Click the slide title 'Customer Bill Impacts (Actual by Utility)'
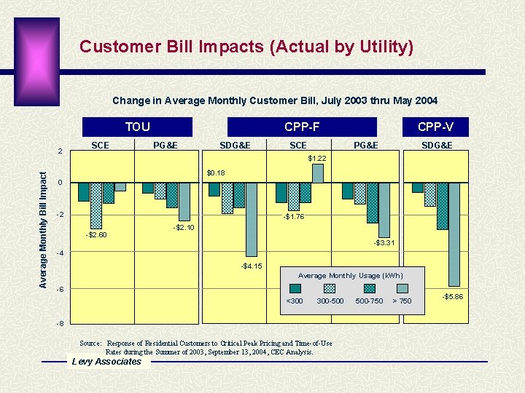tap(246, 47)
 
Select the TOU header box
tap(137, 127)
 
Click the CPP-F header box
tap(302, 127)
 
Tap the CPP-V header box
tap(435, 127)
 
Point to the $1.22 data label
tap(317, 158)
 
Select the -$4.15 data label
tap(252, 266)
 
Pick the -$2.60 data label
tap(96, 234)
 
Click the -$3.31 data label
tap(384, 242)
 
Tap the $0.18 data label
tap(216, 173)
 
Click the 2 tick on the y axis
tap(61, 151)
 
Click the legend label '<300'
tap(295, 301)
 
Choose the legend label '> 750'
tap(402, 301)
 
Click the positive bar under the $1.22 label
tap(318, 173)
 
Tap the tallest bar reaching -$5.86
tap(454, 234)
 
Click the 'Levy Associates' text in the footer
tap(106, 362)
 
